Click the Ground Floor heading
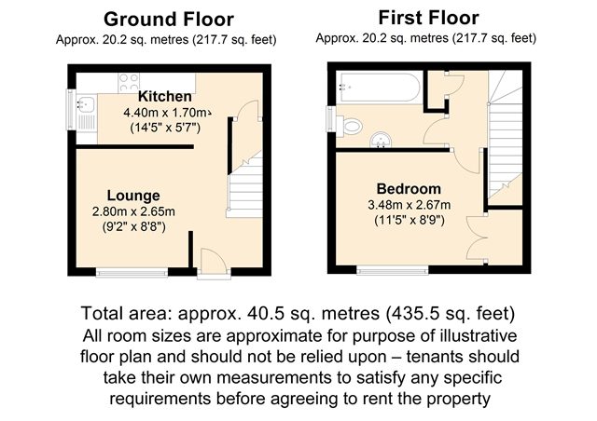pos(169,20)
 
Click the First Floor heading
pos(428,18)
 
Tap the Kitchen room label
pos(165,96)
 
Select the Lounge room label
pos(133,196)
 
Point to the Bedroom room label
pos(409,189)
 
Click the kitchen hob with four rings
pos(129,83)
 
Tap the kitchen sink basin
pos(86,103)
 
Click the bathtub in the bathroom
pos(381,88)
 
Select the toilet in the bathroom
pos(350,125)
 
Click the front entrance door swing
pos(214,260)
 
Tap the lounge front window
pos(132,272)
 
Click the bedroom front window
pos(393,270)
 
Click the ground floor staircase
pos(244,184)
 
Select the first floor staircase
pos(506,138)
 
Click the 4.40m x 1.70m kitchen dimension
pos(167,113)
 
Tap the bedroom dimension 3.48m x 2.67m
pos(410,205)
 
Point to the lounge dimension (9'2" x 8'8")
pos(133,227)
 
